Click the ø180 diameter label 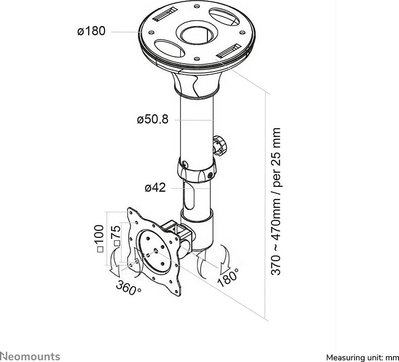(91, 31)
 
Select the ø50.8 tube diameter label (153, 119)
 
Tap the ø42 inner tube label (155, 188)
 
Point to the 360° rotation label (128, 288)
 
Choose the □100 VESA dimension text (100, 238)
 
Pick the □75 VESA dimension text (116, 236)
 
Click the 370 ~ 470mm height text (276, 201)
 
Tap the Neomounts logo (30, 356)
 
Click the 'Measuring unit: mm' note (362, 357)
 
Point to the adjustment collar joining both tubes (197, 170)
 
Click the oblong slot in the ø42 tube (189, 198)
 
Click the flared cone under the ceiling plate (196, 84)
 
